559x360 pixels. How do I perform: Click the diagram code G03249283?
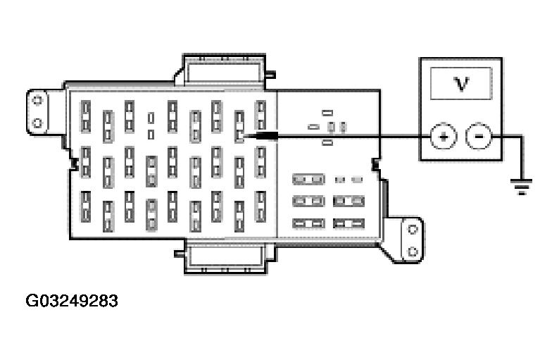point(72,301)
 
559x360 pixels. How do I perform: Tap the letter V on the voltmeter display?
point(461,84)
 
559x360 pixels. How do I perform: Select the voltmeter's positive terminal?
point(443,136)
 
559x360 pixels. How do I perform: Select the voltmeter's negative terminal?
point(479,136)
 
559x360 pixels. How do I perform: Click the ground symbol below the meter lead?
point(522,187)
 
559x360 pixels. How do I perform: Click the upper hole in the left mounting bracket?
point(37,100)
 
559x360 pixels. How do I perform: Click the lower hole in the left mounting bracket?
point(37,123)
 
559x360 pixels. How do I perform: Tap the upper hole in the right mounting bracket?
point(413,229)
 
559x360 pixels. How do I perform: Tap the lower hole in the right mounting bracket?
point(413,252)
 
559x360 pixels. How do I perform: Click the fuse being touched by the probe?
point(239,127)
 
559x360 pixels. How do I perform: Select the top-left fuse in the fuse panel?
point(86,117)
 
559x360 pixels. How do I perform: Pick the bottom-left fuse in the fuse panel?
point(86,207)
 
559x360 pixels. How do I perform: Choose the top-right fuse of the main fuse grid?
point(260,116)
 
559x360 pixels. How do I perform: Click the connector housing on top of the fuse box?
point(224,71)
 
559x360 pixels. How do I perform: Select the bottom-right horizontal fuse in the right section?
point(348,224)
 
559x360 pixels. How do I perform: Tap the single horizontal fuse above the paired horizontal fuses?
point(308,179)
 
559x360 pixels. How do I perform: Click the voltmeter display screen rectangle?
point(461,84)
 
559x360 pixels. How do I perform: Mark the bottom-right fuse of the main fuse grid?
point(260,207)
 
